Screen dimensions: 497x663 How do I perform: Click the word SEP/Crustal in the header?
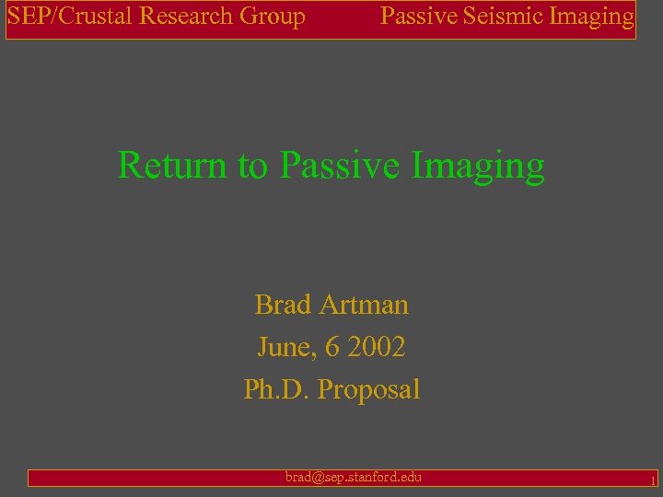point(69,17)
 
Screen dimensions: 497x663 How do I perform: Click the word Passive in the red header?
point(417,16)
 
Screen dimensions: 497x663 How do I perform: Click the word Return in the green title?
point(174,166)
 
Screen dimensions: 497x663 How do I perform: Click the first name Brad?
point(283,304)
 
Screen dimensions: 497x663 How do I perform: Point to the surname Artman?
point(365,304)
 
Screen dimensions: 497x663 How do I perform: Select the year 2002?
point(378,347)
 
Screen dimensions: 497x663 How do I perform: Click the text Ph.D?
point(276,389)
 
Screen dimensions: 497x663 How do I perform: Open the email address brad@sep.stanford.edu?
point(354,477)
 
